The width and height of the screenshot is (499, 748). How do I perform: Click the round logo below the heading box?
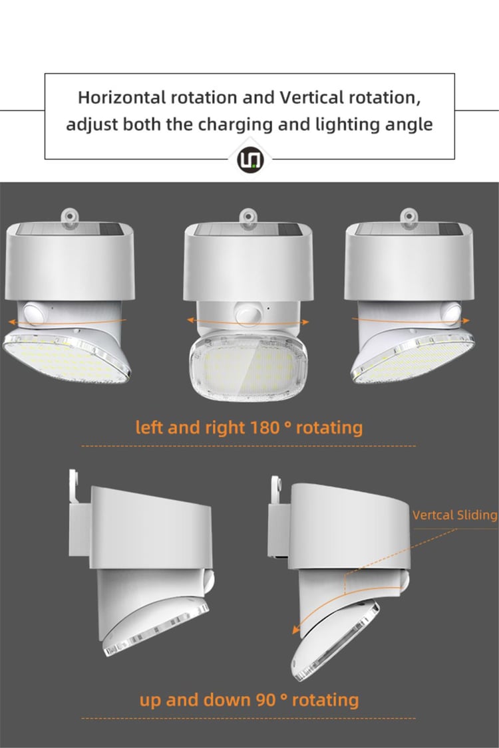250,160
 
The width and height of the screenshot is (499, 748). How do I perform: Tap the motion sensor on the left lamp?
34,314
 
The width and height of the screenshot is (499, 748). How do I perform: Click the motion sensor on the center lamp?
248,313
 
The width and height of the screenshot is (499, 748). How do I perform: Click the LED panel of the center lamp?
248,364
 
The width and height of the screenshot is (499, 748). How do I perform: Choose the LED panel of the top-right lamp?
414,358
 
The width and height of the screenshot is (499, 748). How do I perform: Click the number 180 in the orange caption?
264,427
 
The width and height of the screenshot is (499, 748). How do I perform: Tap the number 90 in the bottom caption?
265,700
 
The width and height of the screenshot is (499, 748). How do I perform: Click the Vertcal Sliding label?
454,515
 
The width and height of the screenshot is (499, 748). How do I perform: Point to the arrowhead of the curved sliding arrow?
296,629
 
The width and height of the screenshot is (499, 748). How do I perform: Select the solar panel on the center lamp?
248,230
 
